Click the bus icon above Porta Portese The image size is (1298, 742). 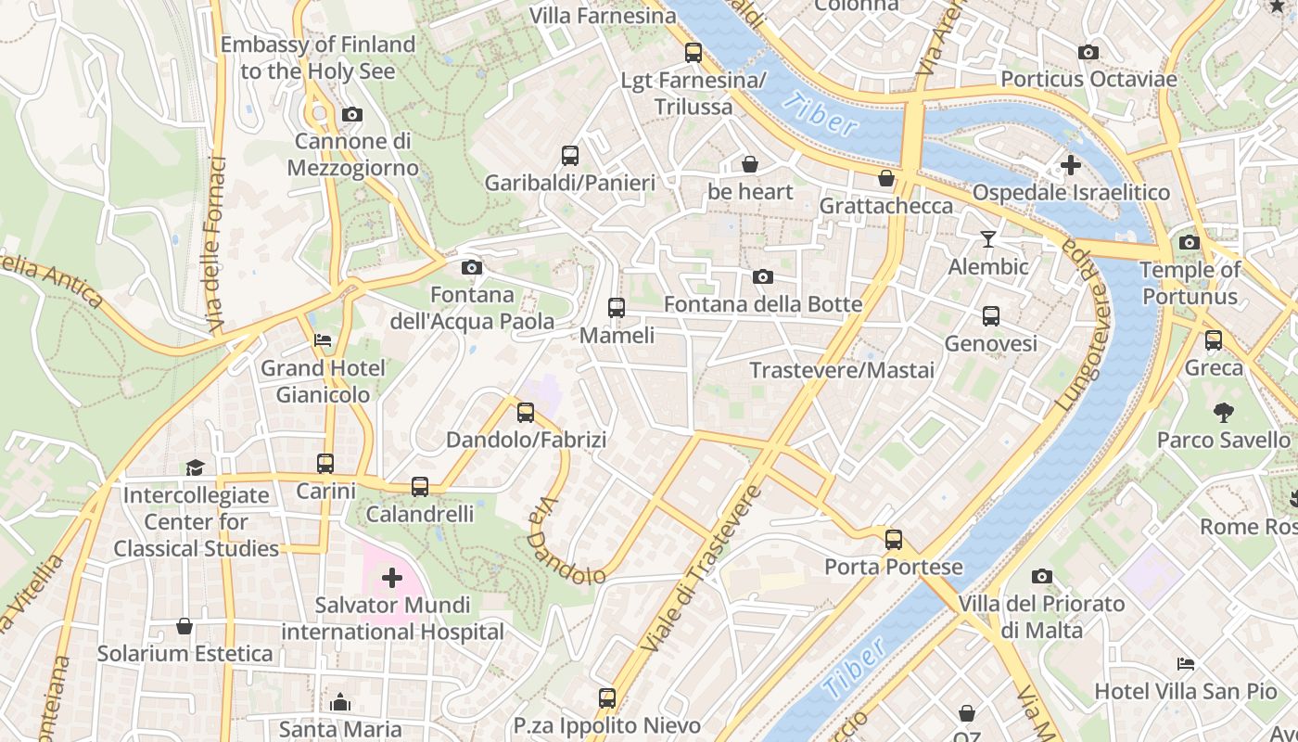pos(894,539)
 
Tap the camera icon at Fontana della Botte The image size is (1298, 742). pos(763,276)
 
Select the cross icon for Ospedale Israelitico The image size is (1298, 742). pos(1071,166)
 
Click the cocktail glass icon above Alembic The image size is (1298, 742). pos(988,239)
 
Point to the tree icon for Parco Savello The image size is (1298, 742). pos(1224,412)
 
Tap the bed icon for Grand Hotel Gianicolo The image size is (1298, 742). pos(323,340)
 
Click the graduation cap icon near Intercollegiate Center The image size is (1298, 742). pos(195,467)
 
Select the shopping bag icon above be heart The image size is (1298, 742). pos(750,164)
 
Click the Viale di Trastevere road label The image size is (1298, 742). pos(701,568)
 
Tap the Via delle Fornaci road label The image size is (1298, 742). pos(216,245)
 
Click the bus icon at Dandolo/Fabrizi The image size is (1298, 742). pos(526,412)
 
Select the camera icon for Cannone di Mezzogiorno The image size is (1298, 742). pos(352,114)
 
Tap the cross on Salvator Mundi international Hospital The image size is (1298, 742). pos(392,578)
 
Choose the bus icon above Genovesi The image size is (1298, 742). pos(991,316)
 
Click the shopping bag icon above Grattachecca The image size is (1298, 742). pos(886,178)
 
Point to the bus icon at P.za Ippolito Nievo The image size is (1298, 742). pos(607,697)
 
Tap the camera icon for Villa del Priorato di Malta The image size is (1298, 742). pos(1042,576)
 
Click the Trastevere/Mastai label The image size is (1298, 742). pos(842,370)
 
